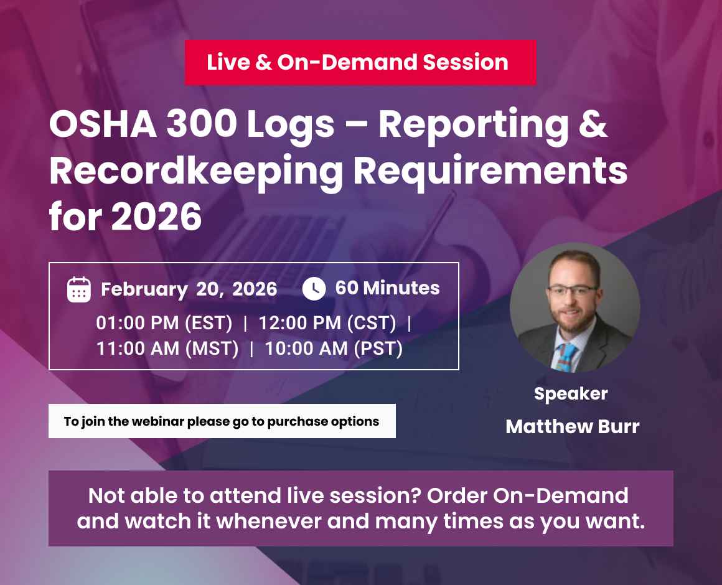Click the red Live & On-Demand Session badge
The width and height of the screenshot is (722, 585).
pyautogui.click(x=360, y=62)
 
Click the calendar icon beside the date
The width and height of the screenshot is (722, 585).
pyautogui.click(x=79, y=289)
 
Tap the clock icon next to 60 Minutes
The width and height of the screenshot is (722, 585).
pyautogui.click(x=314, y=289)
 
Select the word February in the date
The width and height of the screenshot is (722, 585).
pyautogui.click(x=144, y=289)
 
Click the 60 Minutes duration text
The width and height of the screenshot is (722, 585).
pyautogui.click(x=387, y=288)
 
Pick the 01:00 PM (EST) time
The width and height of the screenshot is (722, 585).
pyautogui.click(x=164, y=324)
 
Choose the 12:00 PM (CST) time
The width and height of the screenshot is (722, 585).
pyautogui.click(x=327, y=324)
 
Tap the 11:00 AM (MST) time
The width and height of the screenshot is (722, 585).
pyautogui.click(x=167, y=349)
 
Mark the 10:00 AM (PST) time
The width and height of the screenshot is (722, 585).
pyautogui.click(x=334, y=349)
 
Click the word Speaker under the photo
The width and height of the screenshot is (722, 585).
pyautogui.click(x=571, y=394)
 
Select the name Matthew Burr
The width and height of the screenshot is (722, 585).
pyautogui.click(x=572, y=427)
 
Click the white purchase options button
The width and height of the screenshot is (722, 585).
pyautogui.click(x=222, y=421)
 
